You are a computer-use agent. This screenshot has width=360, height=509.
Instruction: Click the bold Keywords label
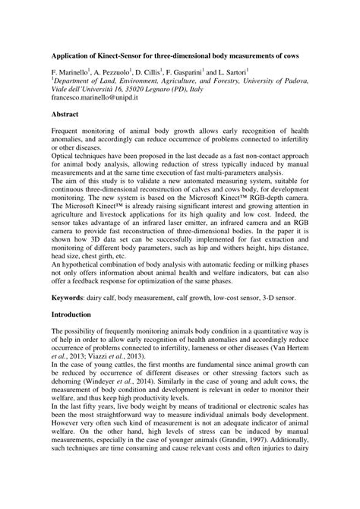coord(70,299)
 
